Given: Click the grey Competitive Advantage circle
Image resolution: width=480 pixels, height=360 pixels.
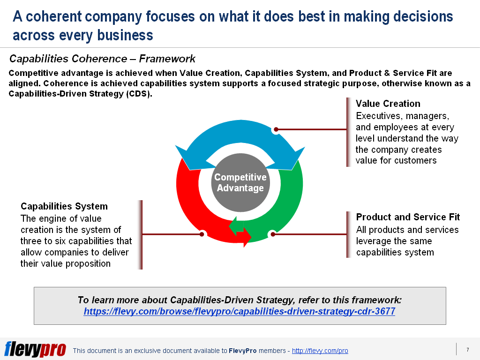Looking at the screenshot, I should pyautogui.click(x=240, y=183).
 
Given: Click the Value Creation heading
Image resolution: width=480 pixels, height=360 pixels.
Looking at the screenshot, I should pyautogui.click(x=388, y=104).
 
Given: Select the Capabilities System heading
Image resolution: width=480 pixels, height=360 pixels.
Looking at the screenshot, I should pyautogui.click(x=64, y=206).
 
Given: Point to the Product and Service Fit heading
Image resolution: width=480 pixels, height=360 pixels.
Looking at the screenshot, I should pyautogui.click(x=408, y=217).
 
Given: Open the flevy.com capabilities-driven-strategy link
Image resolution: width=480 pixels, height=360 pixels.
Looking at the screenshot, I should pyautogui.click(x=239, y=311).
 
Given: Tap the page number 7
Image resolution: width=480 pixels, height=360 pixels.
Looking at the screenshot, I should pyautogui.click(x=467, y=350).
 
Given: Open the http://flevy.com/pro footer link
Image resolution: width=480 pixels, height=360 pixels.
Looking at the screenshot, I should pyautogui.click(x=320, y=351).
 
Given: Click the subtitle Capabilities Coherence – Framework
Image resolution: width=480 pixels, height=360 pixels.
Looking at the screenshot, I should pyautogui.click(x=102, y=59).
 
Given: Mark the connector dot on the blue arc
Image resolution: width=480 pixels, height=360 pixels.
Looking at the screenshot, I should pyautogui.click(x=276, y=129).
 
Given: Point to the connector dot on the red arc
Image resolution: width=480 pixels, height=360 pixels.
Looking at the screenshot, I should pyautogui.click(x=202, y=233).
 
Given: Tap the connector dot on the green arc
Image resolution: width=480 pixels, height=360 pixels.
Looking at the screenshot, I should pyautogui.click(x=272, y=234).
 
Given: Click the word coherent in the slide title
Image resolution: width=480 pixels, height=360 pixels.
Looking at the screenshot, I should pyautogui.click(x=67, y=17).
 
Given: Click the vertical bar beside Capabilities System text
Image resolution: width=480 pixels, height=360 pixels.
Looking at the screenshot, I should pyautogui.click(x=141, y=234).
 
